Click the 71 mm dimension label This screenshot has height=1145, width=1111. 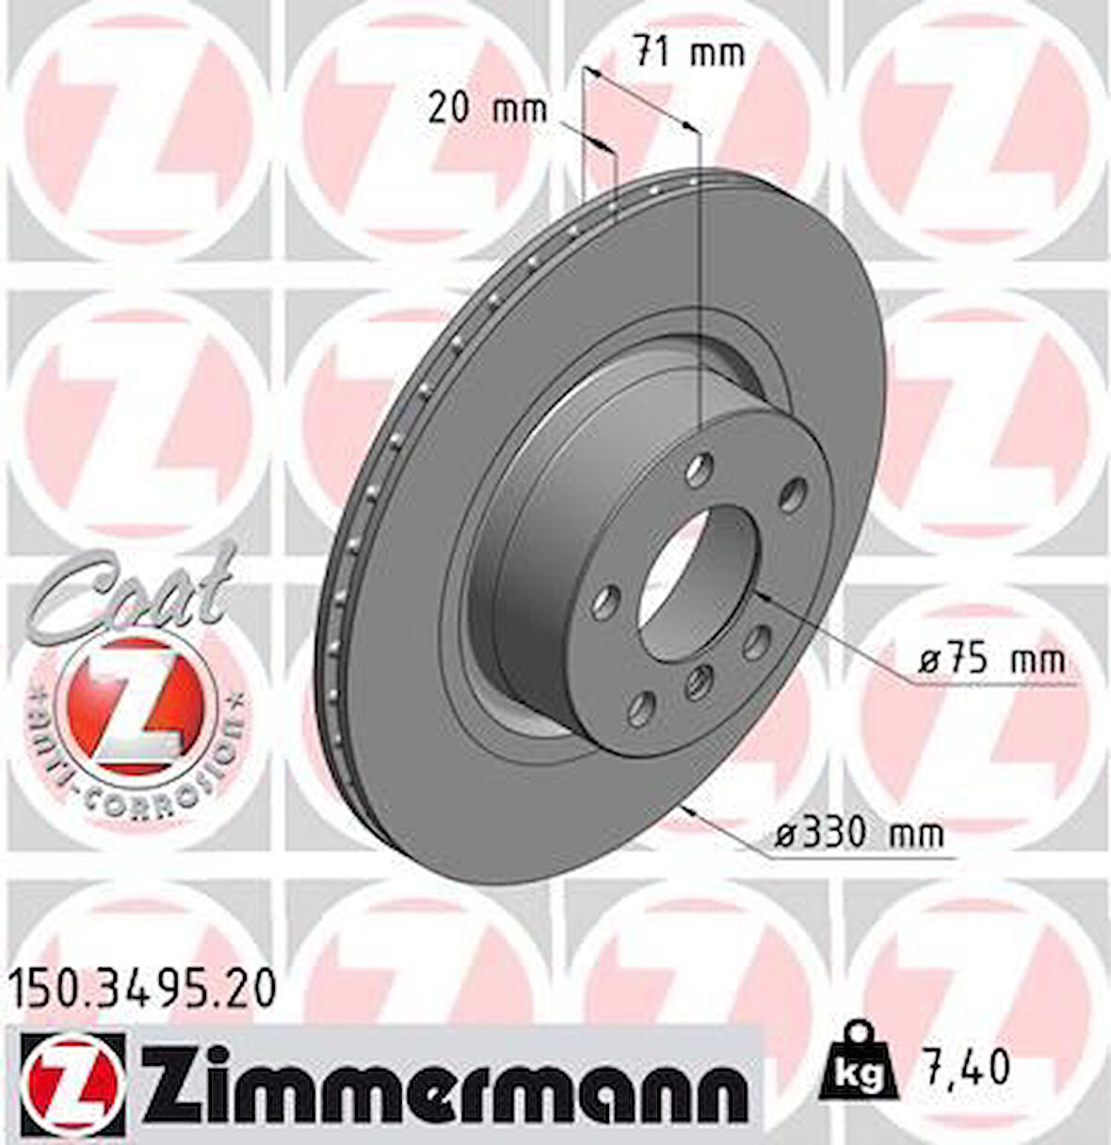[x=687, y=53]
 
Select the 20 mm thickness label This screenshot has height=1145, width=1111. [x=487, y=110]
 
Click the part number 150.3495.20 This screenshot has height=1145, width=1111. [x=143, y=990]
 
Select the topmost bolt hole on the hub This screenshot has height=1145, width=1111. [x=699, y=466]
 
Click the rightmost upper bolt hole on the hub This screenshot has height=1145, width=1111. [x=794, y=491]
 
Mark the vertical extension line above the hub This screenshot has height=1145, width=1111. [x=700, y=282]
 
